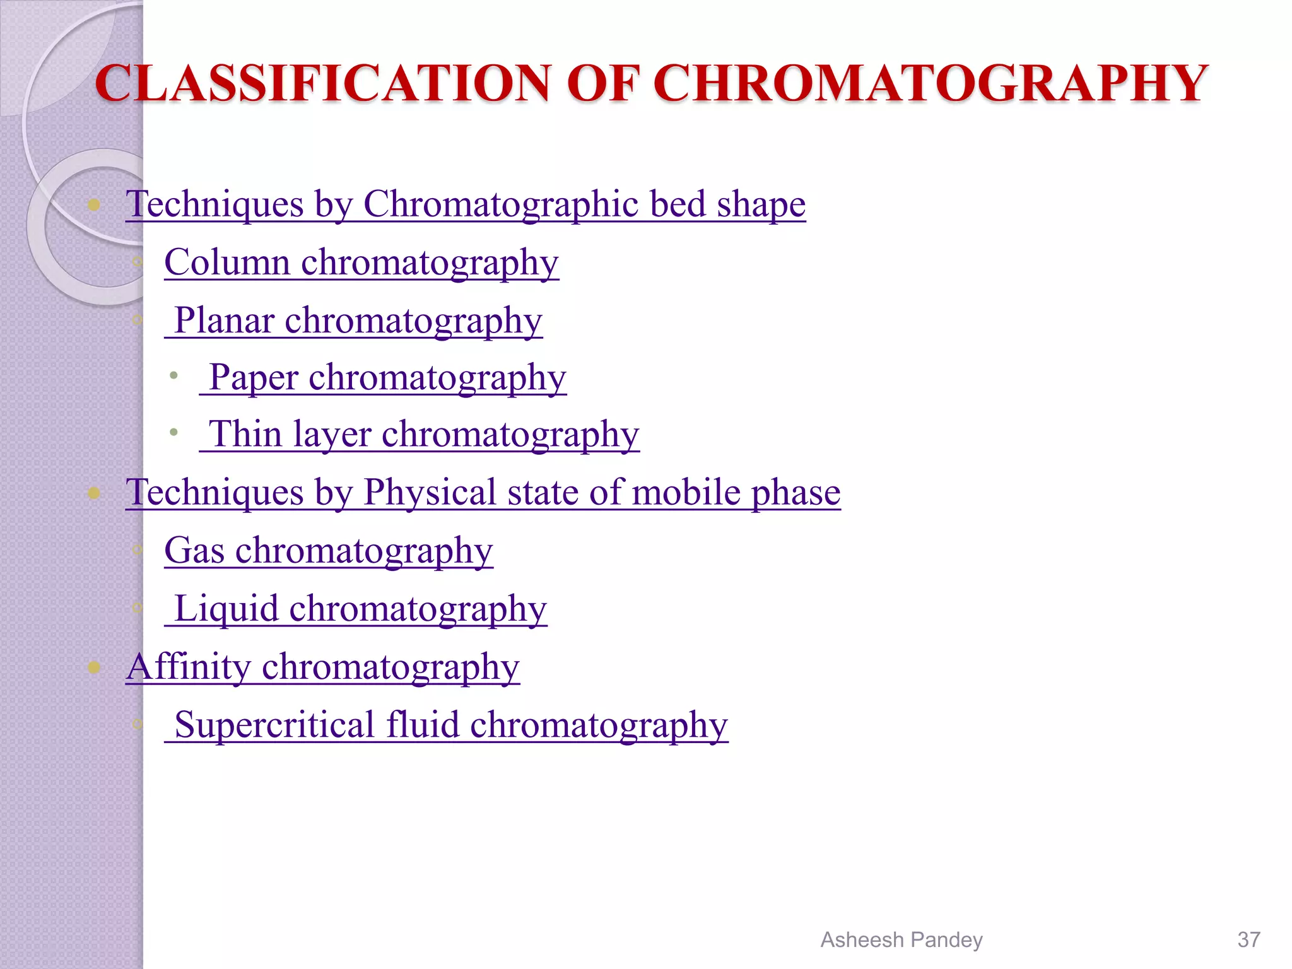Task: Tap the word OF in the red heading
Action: (602, 83)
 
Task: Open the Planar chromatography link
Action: (358, 320)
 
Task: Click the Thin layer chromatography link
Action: (424, 434)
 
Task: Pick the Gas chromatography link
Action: (328, 550)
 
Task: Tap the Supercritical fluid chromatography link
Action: (451, 724)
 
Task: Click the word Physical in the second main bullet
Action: (430, 492)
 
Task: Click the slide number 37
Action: (1248, 939)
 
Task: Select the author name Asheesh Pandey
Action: (901, 939)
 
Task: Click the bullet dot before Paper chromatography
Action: (173, 376)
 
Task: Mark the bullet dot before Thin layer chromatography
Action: (173, 433)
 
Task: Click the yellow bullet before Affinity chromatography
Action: (94, 667)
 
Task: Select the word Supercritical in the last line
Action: (275, 724)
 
